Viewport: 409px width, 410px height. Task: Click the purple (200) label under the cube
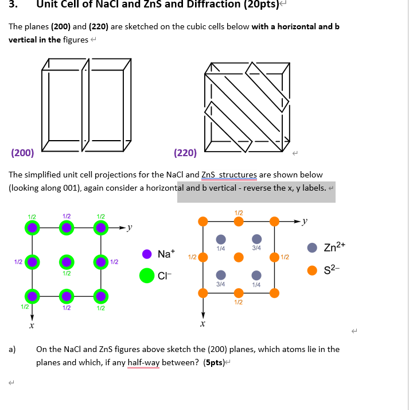point(22,153)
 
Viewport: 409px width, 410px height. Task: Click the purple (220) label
point(185,153)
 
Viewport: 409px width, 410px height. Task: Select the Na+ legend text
point(166,254)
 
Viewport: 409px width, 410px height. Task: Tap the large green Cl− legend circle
point(147,276)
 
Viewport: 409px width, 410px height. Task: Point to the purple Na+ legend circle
point(147,254)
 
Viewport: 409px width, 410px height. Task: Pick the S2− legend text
point(333,270)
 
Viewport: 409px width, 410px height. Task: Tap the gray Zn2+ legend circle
point(312,247)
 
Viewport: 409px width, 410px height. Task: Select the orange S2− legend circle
point(312,270)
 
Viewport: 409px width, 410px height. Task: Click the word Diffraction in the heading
point(195,5)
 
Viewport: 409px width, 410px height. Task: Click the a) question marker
point(13,349)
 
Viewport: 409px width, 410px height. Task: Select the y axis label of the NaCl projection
point(130,228)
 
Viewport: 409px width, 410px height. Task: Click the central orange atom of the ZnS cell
point(239,257)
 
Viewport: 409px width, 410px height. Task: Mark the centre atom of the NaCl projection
point(67,262)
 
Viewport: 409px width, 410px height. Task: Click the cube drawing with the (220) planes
point(247,106)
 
